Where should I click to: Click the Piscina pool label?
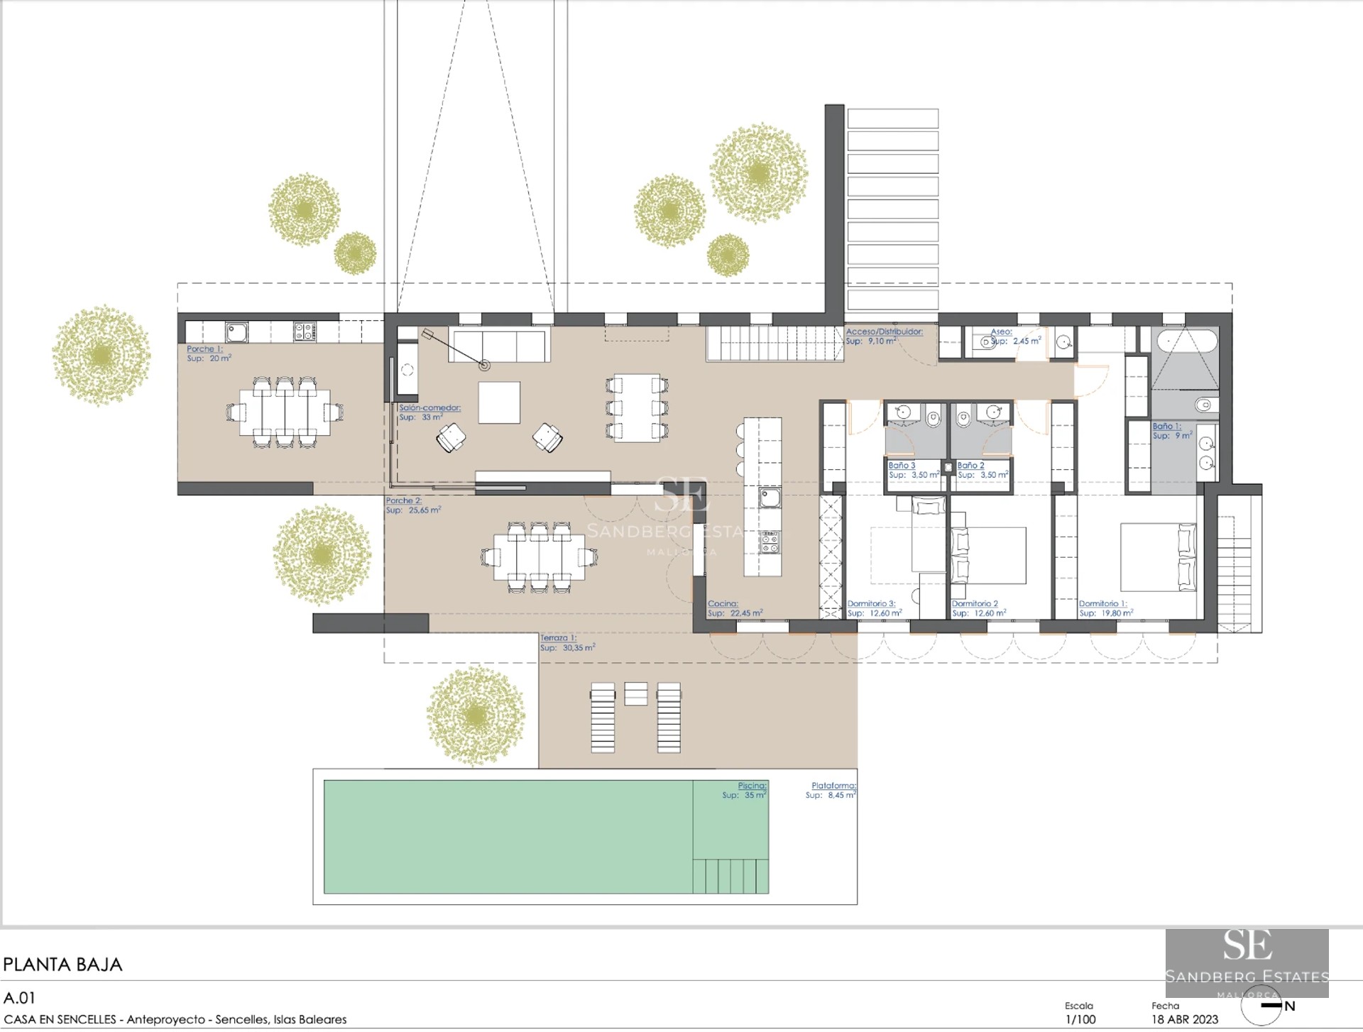[x=751, y=786]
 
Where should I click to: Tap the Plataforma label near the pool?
[x=833, y=786]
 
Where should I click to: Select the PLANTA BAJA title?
[x=62, y=965]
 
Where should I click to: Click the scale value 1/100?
[x=1080, y=1020]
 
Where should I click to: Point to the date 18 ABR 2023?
[x=1184, y=1020]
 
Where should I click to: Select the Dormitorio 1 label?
[x=1102, y=604]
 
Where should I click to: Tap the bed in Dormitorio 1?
[x=1157, y=557]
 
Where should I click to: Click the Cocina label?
[x=723, y=604]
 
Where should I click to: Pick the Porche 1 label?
[x=204, y=349]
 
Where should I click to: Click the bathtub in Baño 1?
[x=1188, y=342]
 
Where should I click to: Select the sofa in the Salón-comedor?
[x=499, y=345]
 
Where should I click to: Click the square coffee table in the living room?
[x=498, y=402]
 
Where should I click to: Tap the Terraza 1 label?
[x=558, y=638]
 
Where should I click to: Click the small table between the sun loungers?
[x=635, y=693]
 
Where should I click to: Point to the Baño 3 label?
[x=902, y=466]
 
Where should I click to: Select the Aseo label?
[x=1001, y=331]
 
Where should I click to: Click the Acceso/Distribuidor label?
[x=884, y=331]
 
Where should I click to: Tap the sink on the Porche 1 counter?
[x=236, y=331]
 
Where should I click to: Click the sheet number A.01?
[x=19, y=998]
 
